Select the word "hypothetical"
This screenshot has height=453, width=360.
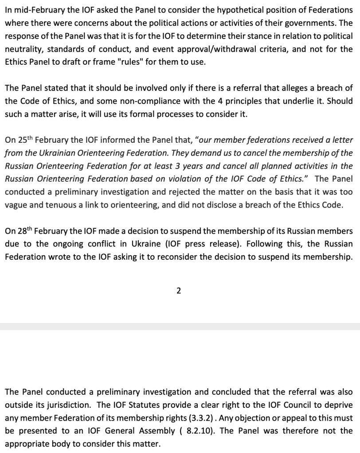(x=224, y=10)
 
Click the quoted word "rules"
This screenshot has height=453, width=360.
(x=129, y=62)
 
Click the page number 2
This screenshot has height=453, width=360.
(x=178, y=291)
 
